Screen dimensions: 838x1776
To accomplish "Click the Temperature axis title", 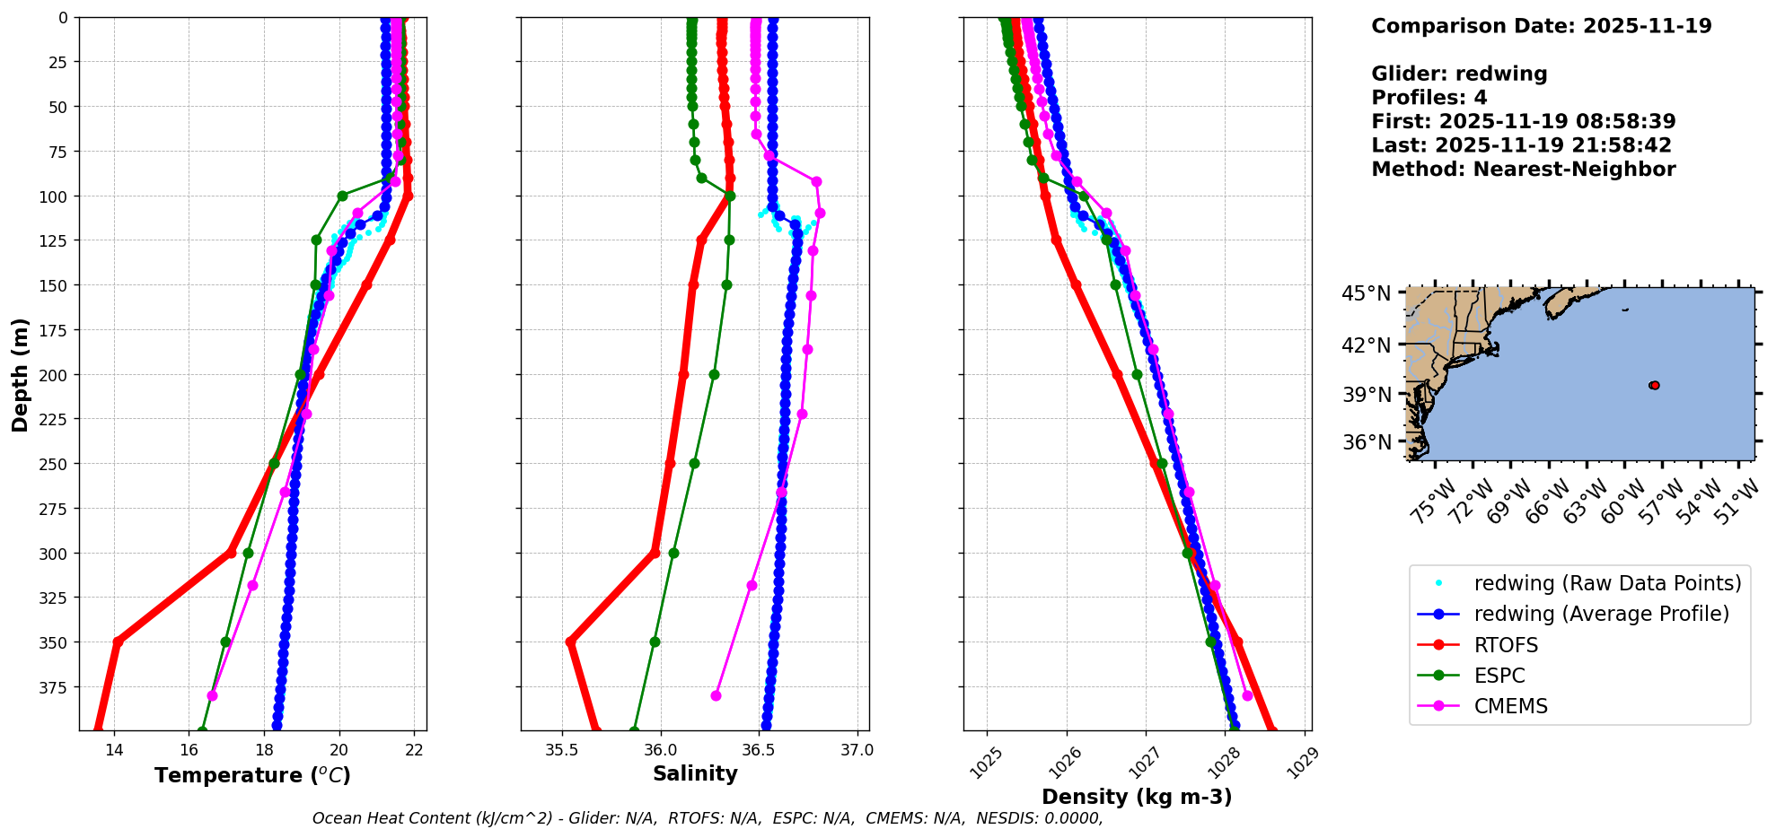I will [252, 775].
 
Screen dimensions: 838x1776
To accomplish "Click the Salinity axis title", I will [695, 773].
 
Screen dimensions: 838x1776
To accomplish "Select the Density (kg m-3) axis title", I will [1137, 797].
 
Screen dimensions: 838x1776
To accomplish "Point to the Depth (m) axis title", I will [21, 374].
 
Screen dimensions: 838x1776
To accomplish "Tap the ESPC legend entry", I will [1499, 676].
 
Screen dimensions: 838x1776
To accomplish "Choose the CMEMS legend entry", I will [1510, 706].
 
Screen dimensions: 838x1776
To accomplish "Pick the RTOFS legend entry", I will [1506, 645].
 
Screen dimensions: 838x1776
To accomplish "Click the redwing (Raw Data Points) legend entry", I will [1607, 583].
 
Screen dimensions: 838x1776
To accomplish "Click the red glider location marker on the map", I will [1654, 385].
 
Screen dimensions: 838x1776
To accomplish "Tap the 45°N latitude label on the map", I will [1366, 294].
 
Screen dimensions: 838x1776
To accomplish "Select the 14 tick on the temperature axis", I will [114, 751].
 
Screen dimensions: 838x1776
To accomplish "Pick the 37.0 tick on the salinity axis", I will [857, 749].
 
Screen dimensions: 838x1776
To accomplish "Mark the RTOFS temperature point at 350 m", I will [118, 642].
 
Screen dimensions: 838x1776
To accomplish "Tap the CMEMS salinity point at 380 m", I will [716, 695].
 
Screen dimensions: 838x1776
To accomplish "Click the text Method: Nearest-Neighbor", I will [1523, 170].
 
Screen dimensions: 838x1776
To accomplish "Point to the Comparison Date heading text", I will [1541, 26].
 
